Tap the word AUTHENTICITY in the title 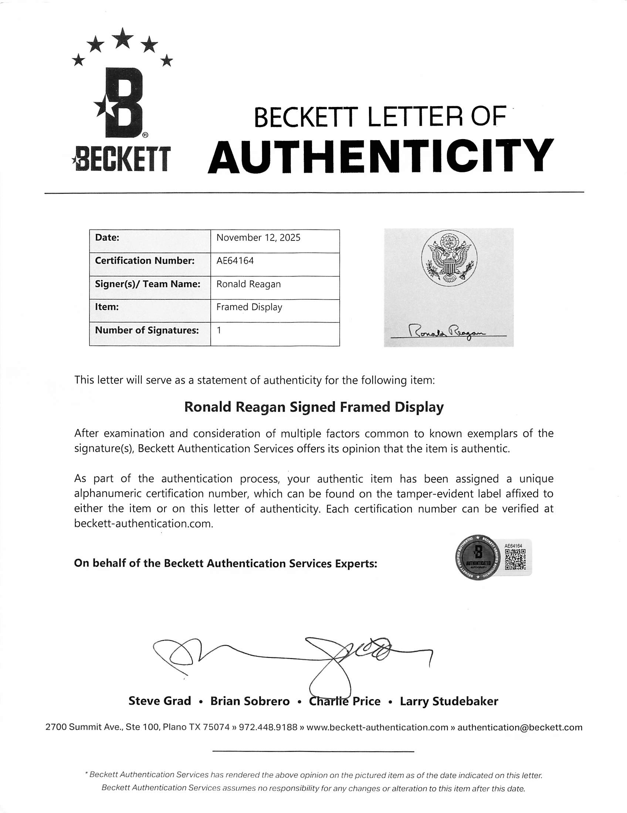(380, 156)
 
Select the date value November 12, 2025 (258, 238)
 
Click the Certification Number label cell (145, 261)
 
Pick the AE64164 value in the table (235, 261)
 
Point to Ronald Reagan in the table (248, 284)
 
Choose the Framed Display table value (249, 307)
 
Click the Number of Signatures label (147, 331)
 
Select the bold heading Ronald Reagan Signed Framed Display (314, 407)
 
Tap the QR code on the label (515, 560)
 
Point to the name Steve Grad (160, 701)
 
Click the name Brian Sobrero (250, 701)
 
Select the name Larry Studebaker (449, 701)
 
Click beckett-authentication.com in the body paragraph (143, 524)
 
